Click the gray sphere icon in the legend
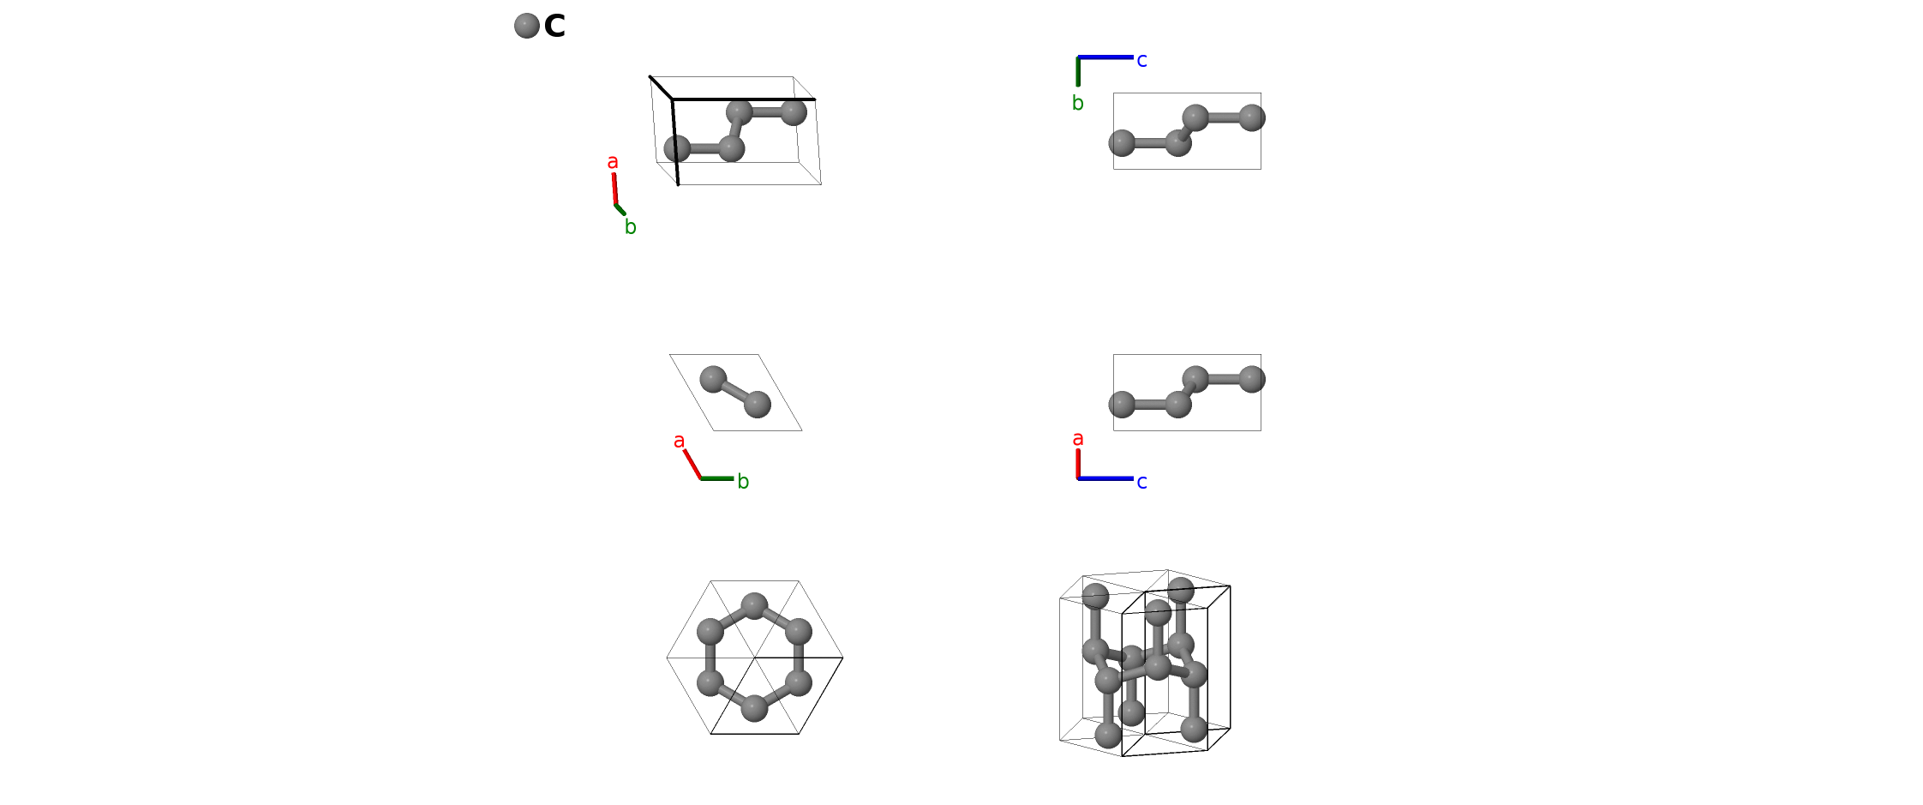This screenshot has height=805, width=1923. pos(527,26)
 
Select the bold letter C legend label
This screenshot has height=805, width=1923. pos(554,27)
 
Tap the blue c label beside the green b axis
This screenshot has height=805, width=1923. pos(1141,60)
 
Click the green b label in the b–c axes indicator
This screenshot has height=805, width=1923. pos(1078,103)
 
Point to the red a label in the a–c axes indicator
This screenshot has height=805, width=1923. pos(1078,439)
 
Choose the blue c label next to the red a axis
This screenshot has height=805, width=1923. pos(1141,482)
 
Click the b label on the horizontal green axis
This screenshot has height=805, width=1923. pos(743,481)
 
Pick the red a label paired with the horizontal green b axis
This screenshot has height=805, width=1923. pos(680,441)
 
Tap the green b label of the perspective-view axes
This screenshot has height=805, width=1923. pos(630,226)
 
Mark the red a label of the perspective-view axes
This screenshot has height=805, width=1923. pos(613,162)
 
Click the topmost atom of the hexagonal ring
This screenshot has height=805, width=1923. pos(754,606)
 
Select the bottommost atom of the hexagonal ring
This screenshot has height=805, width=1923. pos(754,708)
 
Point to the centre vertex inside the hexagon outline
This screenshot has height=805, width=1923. pos(755,658)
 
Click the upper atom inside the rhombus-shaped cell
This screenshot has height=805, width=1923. pos(713,379)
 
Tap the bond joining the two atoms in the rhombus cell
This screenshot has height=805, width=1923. pos(735,392)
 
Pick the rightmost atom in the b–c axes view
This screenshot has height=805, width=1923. pos(1252,117)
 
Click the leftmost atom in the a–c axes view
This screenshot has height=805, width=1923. pos(1122,405)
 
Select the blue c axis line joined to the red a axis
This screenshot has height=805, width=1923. pos(1105,478)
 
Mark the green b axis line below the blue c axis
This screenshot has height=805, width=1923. pos(1078,71)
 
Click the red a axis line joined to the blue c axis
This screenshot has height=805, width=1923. pos(1078,464)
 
